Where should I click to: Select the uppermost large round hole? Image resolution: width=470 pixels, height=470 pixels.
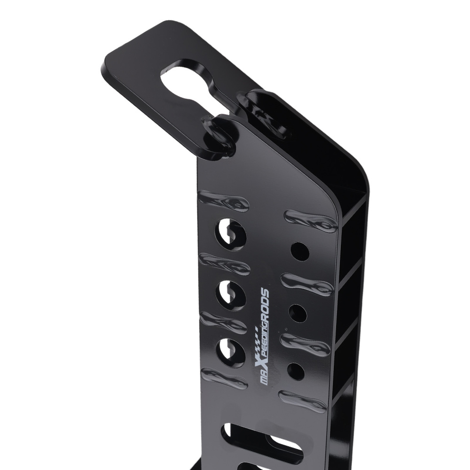(231, 233)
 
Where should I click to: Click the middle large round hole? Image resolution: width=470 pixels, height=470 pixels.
(231, 294)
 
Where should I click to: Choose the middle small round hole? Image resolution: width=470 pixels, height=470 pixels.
(298, 313)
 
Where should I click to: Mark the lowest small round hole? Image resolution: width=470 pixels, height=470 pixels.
(296, 372)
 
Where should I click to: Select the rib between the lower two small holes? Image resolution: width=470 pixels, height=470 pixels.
(305, 344)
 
